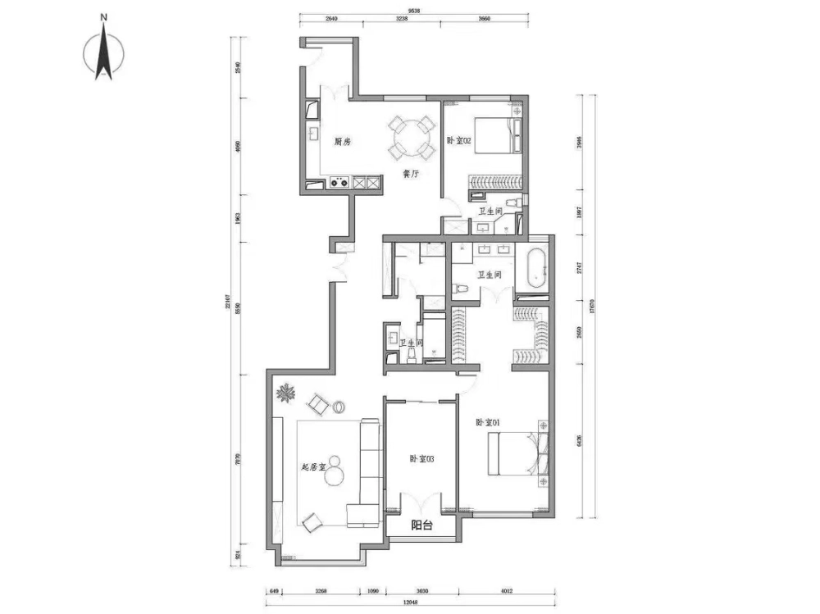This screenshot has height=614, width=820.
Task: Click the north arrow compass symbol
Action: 104,52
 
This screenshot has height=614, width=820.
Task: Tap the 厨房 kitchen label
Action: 343,142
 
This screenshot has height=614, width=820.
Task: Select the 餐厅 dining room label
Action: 411,174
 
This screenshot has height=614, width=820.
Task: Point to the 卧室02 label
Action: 459,140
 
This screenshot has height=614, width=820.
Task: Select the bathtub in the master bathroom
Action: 535,268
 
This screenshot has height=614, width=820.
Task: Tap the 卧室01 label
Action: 488,422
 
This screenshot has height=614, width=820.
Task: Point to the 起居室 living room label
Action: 313,467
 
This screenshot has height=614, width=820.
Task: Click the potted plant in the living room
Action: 285,395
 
